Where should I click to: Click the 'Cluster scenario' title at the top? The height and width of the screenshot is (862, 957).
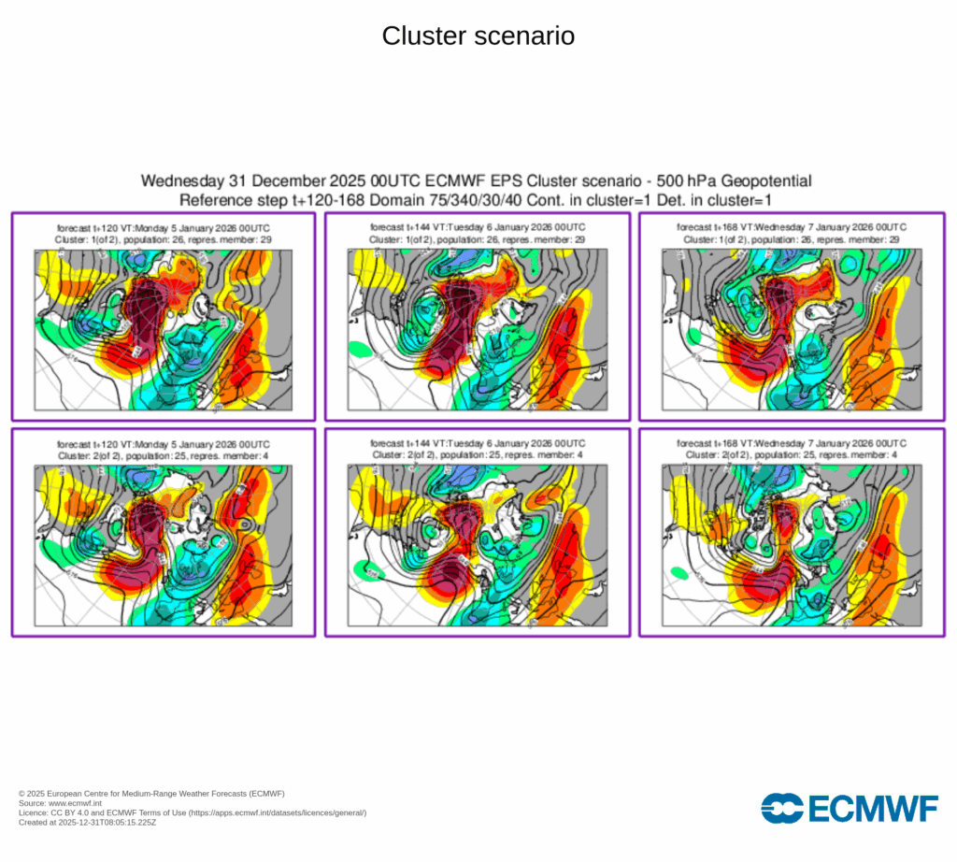click(x=478, y=36)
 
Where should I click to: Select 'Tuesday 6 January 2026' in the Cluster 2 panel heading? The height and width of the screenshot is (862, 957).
click(x=505, y=443)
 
